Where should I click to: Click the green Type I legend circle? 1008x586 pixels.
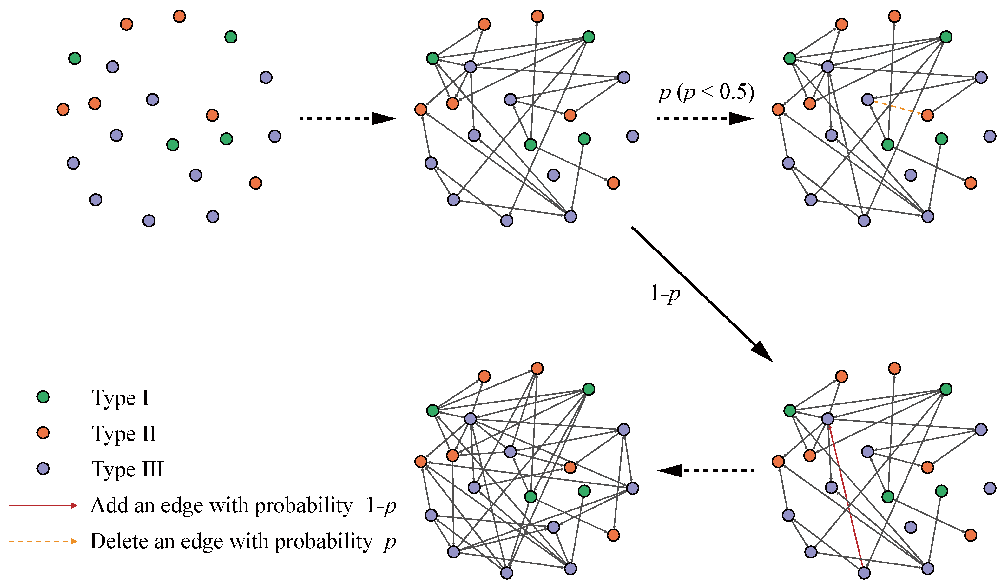coord(43,397)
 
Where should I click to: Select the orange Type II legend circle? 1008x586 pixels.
coord(43,433)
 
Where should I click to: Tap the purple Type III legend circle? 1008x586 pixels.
coord(43,469)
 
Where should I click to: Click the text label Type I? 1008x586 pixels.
coord(120,398)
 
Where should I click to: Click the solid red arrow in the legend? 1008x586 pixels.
coord(43,506)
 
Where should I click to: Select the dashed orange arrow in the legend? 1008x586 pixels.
coord(43,542)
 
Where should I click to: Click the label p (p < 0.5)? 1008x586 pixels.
coord(706,93)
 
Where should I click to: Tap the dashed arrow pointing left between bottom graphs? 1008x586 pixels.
coord(705,470)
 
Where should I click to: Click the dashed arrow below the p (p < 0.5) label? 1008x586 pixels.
coord(705,118)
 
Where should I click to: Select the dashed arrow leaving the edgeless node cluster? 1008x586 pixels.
coord(348,118)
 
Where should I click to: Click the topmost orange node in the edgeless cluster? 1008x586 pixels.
coord(179,17)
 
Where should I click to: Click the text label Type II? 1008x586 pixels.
coord(124,434)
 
